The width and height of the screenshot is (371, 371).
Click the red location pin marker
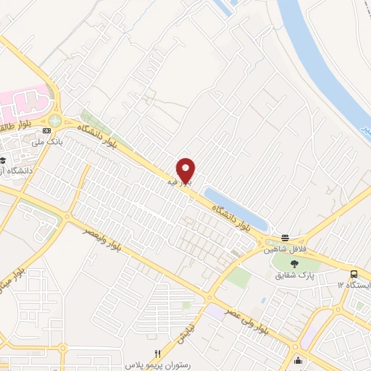click(x=186, y=170)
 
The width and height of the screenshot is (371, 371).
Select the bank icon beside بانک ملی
click(x=47, y=130)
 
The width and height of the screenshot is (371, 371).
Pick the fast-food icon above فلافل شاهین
click(x=285, y=238)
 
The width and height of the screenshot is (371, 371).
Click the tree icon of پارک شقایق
click(x=293, y=264)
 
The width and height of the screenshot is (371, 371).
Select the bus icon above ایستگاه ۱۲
click(x=354, y=274)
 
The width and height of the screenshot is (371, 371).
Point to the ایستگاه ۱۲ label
click(x=354, y=285)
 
